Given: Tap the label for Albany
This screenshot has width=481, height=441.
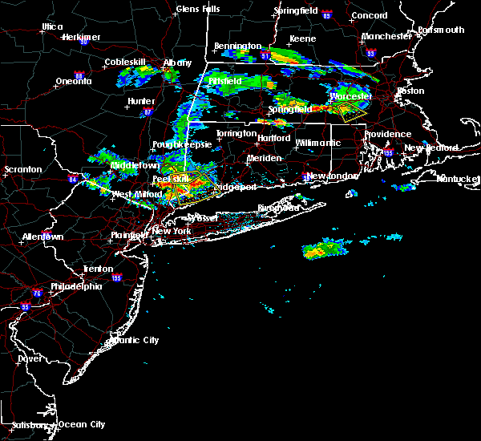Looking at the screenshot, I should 177,63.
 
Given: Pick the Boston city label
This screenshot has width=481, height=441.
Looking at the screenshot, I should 410,91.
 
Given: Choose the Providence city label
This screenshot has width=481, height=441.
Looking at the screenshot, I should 386,134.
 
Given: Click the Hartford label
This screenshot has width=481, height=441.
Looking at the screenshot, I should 273,138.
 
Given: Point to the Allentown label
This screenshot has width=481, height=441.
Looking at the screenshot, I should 42,237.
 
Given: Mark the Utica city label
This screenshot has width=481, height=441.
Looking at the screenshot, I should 52,26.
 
